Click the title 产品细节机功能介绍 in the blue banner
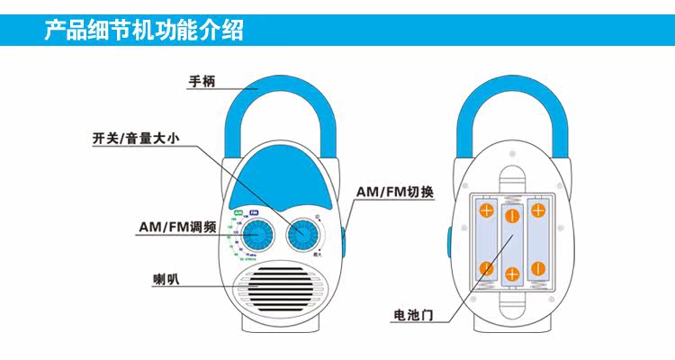click(x=143, y=31)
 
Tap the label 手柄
click(x=202, y=82)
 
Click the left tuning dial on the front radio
click(x=257, y=237)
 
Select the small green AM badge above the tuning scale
click(x=238, y=212)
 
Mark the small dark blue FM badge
click(x=254, y=212)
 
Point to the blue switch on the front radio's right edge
click(x=345, y=233)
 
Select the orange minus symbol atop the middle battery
click(x=512, y=217)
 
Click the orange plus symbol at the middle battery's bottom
click(x=512, y=274)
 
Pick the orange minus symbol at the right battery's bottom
click(x=538, y=267)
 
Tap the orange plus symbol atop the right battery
click(x=538, y=211)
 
